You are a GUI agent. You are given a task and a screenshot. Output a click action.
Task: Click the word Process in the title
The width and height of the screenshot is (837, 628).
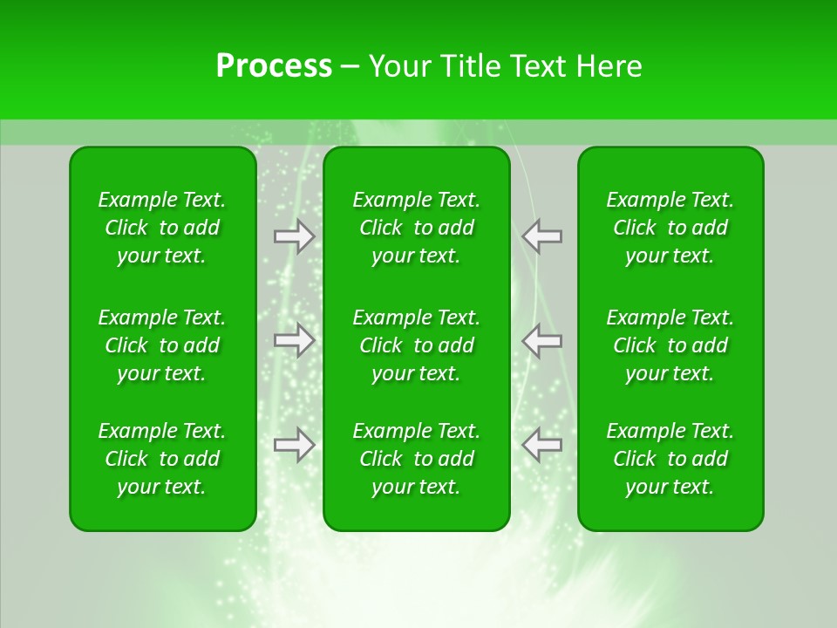click(274, 66)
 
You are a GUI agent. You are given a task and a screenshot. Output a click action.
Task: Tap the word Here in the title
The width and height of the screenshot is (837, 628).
click(609, 66)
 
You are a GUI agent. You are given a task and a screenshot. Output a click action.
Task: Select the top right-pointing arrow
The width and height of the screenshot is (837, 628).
click(294, 236)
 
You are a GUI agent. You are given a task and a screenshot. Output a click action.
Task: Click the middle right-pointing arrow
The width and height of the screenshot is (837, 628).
click(294, 340)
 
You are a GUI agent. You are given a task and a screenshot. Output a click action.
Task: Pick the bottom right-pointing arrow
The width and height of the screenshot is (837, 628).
click(294, 445)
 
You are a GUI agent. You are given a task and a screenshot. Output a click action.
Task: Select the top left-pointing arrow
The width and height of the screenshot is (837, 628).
click(542, 236)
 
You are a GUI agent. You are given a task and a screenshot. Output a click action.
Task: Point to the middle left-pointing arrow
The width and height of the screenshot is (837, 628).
click(542, 340)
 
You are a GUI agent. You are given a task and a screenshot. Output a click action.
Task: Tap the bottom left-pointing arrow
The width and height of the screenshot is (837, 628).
click(542, 445)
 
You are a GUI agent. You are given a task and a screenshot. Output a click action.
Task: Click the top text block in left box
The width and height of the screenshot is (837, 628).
click(162, 228)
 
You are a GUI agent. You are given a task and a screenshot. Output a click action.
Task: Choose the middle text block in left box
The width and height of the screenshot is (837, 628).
click(162, 345)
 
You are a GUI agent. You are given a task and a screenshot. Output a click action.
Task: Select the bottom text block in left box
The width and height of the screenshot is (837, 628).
click(162, 459)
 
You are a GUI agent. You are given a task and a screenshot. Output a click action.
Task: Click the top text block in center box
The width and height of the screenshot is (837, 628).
click(417, 228)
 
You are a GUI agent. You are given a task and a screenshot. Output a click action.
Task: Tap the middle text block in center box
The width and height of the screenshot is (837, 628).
click(417, 345)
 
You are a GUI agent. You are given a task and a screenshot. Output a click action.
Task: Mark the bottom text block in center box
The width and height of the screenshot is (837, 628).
click(417, 459)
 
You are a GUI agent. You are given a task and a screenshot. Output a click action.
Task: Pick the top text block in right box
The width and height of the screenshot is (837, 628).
click(670, 228)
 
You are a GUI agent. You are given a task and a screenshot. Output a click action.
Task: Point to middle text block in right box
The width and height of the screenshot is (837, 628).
click(670, 345)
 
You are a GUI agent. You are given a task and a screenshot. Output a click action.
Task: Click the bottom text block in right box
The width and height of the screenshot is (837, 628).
click(670, 459)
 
